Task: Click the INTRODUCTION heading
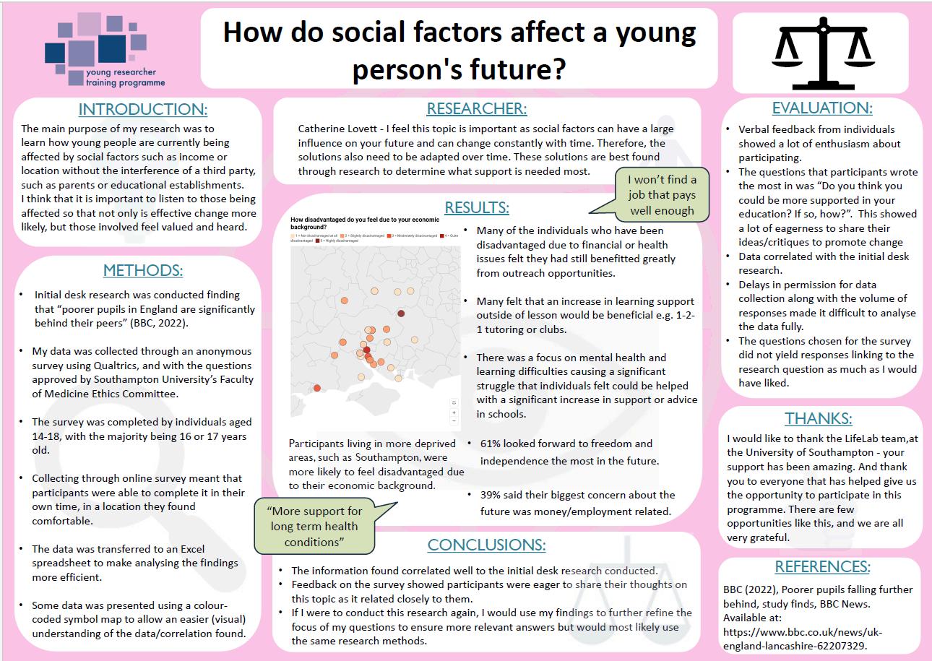tap(142, 110)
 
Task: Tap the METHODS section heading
tap(142, 271)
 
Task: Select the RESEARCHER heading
tap(477, 109)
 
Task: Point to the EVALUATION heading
tap(822, 108)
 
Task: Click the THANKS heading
tap(819, 418)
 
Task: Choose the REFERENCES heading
tap(822, 566)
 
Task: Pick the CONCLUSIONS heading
tap(486, 545)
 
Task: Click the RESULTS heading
tap(477, 207)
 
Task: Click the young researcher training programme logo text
tap(125, 78)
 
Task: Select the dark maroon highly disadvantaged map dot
tap(401, 313)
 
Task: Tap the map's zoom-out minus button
tap(453, 420)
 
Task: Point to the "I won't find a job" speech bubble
tap(661, 195)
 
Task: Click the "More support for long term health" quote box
tap(314, 527)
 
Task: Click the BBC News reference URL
tap(802, 639)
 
